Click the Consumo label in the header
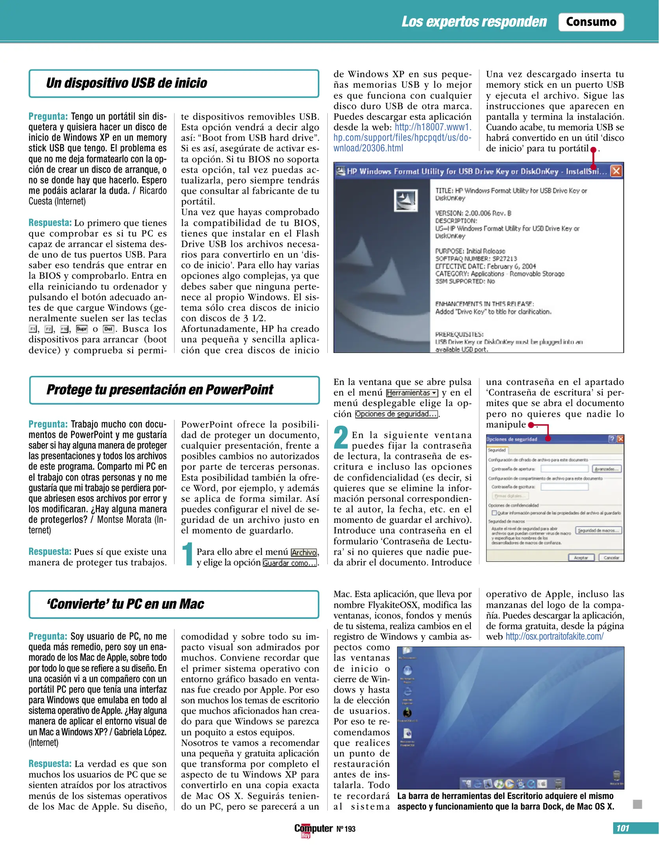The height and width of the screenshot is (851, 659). coord(590,22)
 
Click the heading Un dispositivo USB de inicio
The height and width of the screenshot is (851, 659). coord(126,83)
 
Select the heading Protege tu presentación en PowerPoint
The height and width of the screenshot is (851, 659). coord(160,390)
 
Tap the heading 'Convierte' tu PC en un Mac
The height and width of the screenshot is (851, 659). coord(125,604)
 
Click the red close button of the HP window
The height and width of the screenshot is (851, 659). coord(616,171)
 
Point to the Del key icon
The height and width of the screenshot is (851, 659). coord(108,329)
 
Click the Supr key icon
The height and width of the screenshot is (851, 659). coord(82,329)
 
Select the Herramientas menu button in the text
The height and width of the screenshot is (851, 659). coord(412,393)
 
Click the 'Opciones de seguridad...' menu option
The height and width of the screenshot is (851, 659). coord(396,414)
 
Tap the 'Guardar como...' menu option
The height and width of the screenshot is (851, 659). coord(290,563)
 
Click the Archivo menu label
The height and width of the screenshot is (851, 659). coord(304,552)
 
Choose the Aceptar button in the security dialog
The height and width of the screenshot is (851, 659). coord(581,557)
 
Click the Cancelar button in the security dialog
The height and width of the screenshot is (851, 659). coord(611,557)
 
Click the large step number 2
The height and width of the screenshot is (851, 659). coord(341,437)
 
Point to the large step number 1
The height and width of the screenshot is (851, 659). coord(188,554)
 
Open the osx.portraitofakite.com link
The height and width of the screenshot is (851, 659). coord(554,637)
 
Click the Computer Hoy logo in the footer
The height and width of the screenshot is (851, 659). coord(313,829)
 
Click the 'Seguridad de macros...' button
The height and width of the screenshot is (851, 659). coord(598,530)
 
